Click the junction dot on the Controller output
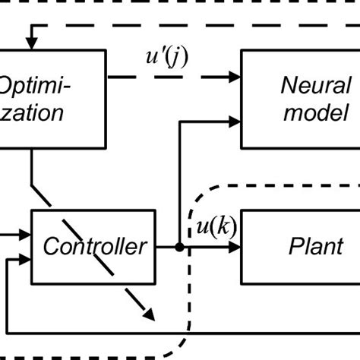[178, 247]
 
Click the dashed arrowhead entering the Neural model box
[235, 77]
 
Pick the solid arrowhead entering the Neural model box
[235, 119]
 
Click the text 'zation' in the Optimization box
[30, 114]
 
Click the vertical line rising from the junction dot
[178, 182]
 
